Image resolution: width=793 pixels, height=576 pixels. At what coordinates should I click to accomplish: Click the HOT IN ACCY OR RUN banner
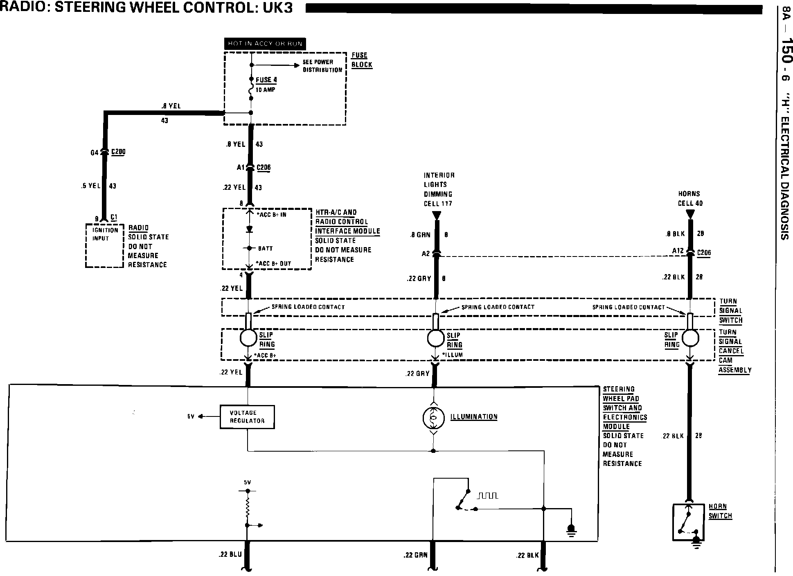pyautogui.click(x=265, y=44)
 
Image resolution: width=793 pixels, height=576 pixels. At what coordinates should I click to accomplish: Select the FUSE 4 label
pyautogui.click(x=266, y=80)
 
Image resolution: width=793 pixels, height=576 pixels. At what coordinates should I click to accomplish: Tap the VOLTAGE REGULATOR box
pyautogui.click(x=247, y=417)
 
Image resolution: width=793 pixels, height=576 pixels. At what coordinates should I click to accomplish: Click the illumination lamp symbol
pyautogui.click(x=433, y=418)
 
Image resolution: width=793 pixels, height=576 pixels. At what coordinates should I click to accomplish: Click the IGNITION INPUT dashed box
pyautogui.click(x=105, y=245)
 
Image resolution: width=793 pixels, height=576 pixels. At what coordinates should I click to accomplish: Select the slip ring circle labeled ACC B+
pyautogui.click(x=248, y=338)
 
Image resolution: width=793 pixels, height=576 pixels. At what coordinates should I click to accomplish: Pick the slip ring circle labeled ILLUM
pyautogui.click(x=436, y=338)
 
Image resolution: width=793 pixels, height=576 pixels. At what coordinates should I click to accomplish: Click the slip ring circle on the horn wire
pyautogui.click(x=690, y=338)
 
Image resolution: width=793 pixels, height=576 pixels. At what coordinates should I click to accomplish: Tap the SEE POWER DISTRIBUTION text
pyautogui.click(x=322, y=66)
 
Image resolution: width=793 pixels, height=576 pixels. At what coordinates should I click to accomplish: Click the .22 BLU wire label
pyautogui.click(x=230, y=555)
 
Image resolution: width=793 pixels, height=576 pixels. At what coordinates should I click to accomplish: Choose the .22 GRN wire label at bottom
pyautogui.click(x=415, y=555)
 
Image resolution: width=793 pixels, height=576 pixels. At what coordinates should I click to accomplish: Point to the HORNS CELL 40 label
pyautogui.click(x=689, y=198)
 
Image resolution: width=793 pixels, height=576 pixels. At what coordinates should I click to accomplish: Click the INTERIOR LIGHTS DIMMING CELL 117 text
pyautogui.click(x=439, y=189)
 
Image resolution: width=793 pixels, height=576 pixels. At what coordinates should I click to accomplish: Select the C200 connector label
pyautogui.click(x=118, y=152)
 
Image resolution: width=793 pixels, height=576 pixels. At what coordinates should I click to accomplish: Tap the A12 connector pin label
pyautogui.click(x=678, y=251)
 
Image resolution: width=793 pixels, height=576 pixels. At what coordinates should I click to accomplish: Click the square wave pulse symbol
pyautogui.click(x=487, y=496)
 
